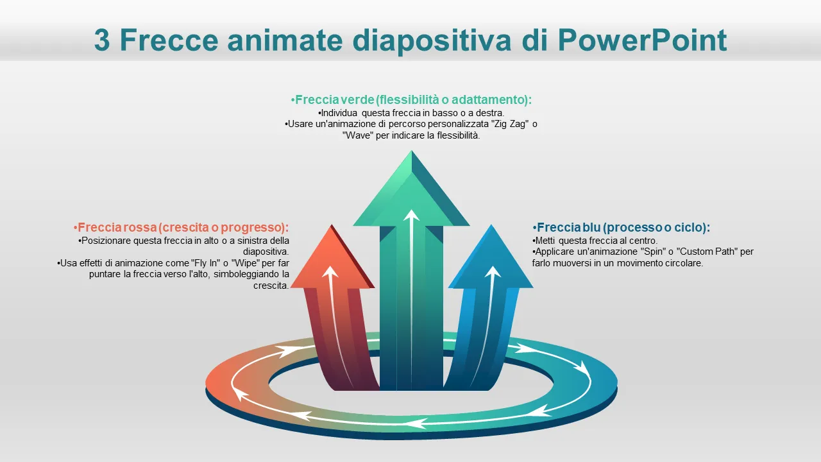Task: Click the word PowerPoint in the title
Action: (x=643, y=40)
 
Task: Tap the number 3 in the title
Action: (x=102, y=40)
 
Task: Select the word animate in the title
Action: (x=285, y=40)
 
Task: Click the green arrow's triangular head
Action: (x=411, y=189)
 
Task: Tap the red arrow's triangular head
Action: (x=332, y=257)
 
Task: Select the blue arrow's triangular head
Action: (x=491, y=257)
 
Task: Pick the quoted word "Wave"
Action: (x=358, y=135)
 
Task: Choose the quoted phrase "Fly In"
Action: (x=206, y=263)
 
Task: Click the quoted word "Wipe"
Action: (x=246, y=263)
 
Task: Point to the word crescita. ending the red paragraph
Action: (x=271, y=286)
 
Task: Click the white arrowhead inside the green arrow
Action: (x=411, y=215)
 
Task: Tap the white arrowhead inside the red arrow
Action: (x=330, y=271)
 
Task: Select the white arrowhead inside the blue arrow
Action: (x=493, y=271)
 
